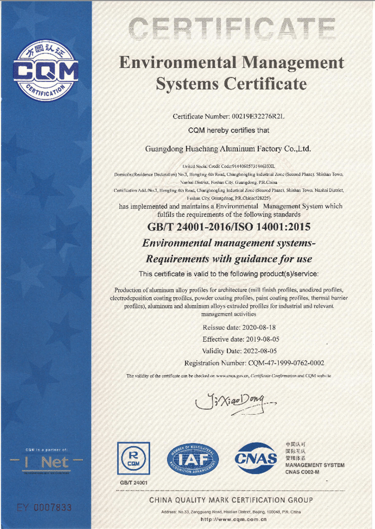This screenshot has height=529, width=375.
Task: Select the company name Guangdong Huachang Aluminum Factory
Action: (228, 149)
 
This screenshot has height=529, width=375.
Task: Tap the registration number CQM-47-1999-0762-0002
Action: (286, 363)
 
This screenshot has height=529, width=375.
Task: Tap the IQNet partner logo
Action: (47, 462)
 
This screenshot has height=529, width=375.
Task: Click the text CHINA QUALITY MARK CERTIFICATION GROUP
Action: (231, 500)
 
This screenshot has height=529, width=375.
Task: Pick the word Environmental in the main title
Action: (178, 63)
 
